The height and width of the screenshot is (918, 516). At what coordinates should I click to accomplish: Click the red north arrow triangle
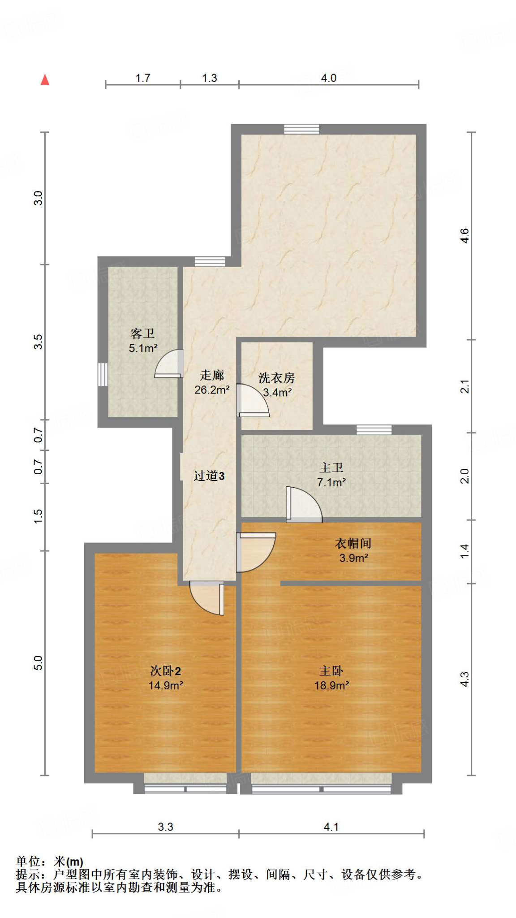coord(45,80)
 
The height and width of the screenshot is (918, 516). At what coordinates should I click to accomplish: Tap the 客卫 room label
coord(143,333)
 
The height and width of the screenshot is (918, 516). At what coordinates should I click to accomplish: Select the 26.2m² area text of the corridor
coord(212,390)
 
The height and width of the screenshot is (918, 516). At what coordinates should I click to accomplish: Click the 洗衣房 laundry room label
coord(276,378)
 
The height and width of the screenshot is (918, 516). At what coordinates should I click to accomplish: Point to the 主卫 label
coord(331,468)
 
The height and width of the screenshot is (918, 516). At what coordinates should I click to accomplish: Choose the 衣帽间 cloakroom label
coord(353,543)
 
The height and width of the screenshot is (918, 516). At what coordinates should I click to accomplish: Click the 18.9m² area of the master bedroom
coord(331,685)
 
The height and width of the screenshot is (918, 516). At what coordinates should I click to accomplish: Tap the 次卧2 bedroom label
coord(165,671)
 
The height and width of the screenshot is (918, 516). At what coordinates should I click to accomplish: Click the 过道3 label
coord(209,476)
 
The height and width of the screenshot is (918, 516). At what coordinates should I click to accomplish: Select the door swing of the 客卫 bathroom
coord(169,364)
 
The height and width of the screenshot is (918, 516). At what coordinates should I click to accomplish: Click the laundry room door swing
coord(253,400)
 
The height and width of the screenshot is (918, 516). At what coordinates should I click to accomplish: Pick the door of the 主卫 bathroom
coord(304,505)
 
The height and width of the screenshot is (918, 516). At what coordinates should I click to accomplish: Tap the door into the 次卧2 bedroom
coord(206,598)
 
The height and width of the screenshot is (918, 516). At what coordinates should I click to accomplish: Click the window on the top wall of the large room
coord(301,129)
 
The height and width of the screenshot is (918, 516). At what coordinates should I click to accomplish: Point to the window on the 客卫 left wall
coord(103,374)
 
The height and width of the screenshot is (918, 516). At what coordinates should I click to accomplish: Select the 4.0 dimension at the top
coord(328,78)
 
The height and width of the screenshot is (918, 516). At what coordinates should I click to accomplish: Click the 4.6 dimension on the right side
coord(464,236)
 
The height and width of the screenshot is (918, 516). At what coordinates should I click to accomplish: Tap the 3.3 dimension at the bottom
coord(165,827)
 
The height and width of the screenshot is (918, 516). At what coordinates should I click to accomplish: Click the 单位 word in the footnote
coord(28,862)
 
